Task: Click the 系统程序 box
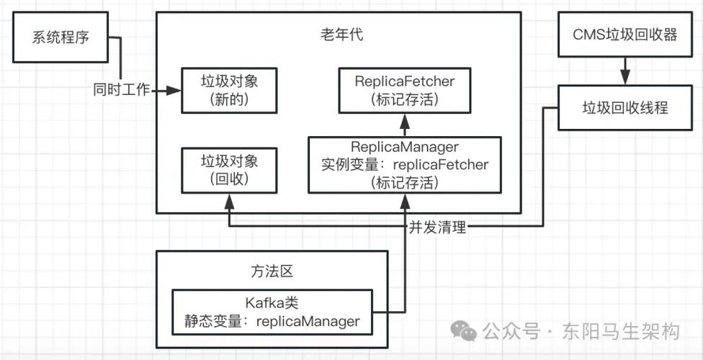[61, 37]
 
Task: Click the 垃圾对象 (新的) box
[229, 91]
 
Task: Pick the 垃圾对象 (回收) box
[229, 170]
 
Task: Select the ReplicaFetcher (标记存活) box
[405, 91]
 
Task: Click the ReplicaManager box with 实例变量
[405, 164]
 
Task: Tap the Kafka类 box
[272, 312]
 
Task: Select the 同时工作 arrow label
[121, 91]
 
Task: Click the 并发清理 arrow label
[437, 228]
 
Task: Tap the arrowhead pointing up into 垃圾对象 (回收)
[229, 199]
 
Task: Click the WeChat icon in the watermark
[463, 331]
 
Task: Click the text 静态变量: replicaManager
[272, 321]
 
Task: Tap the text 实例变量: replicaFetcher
[405, 165]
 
